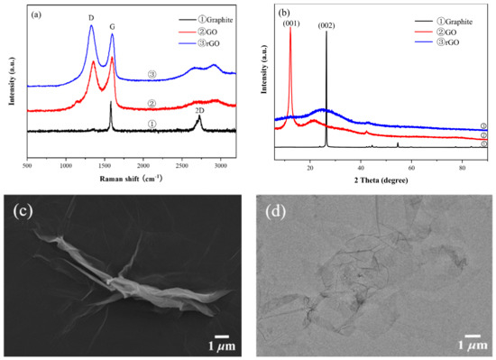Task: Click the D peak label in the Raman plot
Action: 90,17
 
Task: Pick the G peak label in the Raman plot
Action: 112,27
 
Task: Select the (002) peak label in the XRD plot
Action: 326,25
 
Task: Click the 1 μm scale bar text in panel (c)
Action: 223,345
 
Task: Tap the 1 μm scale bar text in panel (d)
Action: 470,345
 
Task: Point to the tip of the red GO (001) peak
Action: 290,33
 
